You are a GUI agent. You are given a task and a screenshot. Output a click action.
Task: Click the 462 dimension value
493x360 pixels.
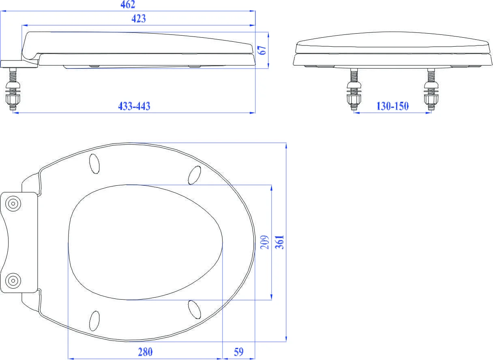pos(128,4)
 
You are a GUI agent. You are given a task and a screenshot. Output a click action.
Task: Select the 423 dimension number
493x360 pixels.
pos(139,19)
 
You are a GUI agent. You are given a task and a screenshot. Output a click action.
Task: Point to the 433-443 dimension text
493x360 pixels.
pos(134,106)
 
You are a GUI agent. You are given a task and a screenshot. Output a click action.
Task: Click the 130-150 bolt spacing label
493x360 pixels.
pos(392,106)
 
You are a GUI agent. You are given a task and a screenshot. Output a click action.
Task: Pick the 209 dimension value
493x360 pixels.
pos(265,242)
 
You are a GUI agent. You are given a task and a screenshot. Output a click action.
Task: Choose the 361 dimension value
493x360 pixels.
pos(279,242)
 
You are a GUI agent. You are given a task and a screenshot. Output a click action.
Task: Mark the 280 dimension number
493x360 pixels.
pos(145,352)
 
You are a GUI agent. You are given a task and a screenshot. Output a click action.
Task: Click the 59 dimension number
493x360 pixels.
pos(239,352)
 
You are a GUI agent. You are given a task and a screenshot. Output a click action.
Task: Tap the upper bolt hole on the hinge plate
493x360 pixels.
pos(13,204)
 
